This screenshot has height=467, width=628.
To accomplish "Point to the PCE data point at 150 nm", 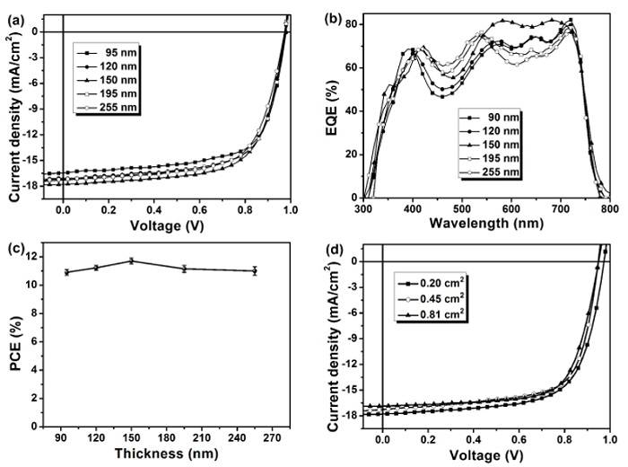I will coord(132,260).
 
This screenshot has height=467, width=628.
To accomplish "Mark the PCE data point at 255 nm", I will coord(255,270).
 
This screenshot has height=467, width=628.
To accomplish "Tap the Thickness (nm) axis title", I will coord(164,454).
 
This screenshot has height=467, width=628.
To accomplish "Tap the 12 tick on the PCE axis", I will coord(50,257).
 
